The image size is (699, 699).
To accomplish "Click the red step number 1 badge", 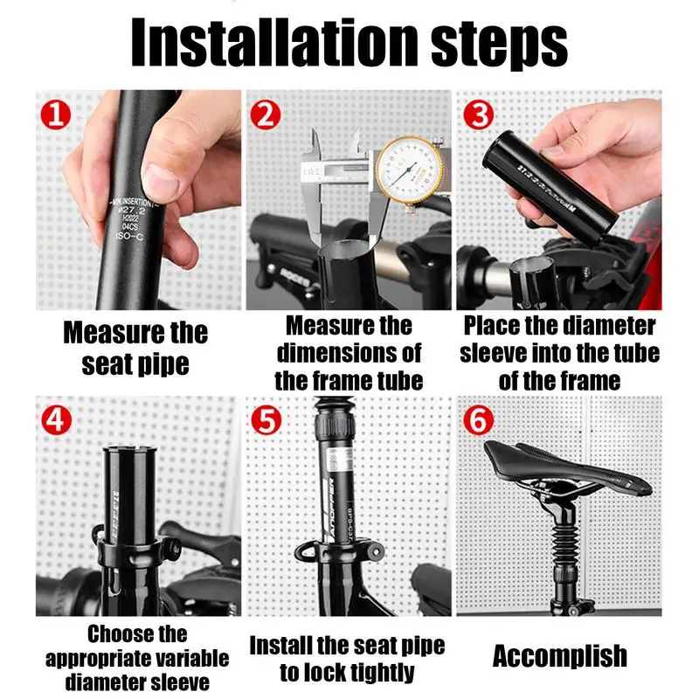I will [x=56, y=114].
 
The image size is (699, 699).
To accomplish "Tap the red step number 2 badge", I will [x=266, y=114].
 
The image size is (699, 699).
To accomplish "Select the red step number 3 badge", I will [x=476, y=114].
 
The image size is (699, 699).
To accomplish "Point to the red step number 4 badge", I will [x=57, y=420].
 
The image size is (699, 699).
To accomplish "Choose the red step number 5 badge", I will [x=266, y=420].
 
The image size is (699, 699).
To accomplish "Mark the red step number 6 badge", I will [x=477, y=420].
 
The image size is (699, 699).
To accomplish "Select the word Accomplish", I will [x=559, y=656].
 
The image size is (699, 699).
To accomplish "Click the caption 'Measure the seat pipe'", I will [x=135, y=348].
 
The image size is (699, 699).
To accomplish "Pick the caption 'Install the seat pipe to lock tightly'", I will [x=347, y=659].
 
